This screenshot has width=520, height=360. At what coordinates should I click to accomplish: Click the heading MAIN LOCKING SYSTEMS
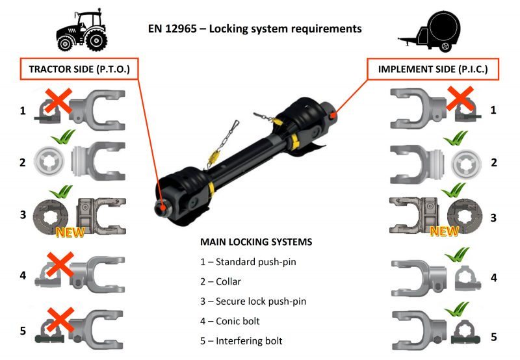pos(256,242)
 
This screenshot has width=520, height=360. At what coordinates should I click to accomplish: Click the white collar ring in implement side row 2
pos(466,162)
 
